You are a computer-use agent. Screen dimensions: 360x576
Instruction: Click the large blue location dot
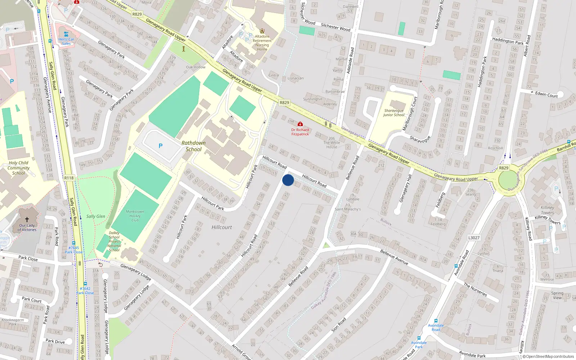coord(288,180)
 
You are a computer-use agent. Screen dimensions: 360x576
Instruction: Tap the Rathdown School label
coord(193,146)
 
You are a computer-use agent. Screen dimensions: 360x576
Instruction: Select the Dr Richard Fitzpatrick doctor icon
coord(300,124)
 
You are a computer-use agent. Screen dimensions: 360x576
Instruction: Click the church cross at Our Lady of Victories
coord(27,219)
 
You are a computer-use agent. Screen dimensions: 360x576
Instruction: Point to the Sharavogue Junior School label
coord(393,113)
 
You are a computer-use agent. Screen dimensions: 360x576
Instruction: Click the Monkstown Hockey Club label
coord(135,216)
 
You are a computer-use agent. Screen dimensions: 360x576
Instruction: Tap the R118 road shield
coord(69,178)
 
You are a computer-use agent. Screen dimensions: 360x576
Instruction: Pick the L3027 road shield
coord(474,238)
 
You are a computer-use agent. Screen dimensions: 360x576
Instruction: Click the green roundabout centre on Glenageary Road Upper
coord(508,180)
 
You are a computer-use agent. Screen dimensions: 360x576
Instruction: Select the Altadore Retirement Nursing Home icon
coord(262,31)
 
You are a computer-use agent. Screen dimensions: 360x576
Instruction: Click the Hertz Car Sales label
coord(66,41)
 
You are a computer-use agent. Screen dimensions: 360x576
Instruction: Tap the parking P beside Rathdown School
coord(161,146)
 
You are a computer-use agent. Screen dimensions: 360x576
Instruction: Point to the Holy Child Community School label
coord(18,168)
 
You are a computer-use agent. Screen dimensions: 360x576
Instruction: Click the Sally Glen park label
coord(96,216)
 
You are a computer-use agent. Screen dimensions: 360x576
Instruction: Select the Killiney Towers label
coord(547,210)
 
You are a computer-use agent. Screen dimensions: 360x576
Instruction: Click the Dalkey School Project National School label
coord(114,241)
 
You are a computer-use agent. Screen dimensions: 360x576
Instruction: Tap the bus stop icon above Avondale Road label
coord(436,320)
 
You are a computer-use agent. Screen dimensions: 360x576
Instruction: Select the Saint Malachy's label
coord(347,209)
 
